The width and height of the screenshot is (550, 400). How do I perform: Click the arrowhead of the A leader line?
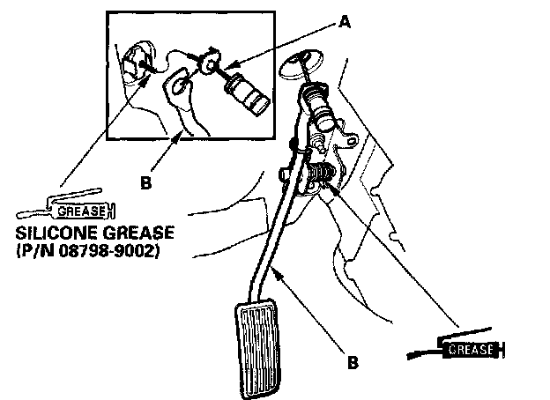[x=227, y=67]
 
